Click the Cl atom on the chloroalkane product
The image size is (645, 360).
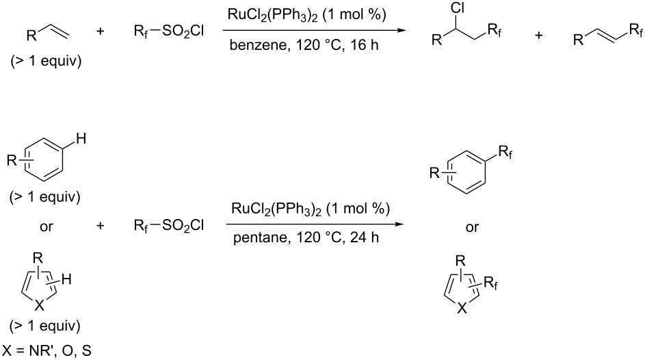458,8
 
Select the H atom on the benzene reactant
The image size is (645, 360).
81,139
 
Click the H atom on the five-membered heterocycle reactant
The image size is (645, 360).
66,280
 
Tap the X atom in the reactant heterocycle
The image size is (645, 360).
39,305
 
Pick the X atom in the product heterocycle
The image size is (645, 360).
462,308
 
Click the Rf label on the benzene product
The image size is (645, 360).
505,153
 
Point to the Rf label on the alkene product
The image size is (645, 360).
635,31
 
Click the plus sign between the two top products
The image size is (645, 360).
539,36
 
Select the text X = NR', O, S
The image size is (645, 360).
47,351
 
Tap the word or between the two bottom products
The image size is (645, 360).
472,227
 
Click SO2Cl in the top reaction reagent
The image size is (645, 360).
183,31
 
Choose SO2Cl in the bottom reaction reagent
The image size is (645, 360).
183,225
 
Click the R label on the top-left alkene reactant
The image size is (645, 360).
31,36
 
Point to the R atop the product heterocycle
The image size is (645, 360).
460,261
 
